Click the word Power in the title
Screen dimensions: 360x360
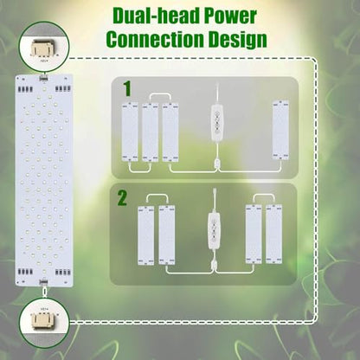(x=230, y=16)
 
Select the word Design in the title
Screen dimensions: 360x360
(x=238, y=40)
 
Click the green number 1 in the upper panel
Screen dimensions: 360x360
(x=127, y=89)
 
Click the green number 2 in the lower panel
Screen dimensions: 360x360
(x=122, y=198)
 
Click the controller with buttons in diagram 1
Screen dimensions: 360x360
(x=217, y=123)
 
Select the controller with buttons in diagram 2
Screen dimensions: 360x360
(x=214, y=231)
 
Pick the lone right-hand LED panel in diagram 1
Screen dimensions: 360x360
(x=281, y=130)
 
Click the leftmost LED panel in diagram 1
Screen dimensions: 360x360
(x=130, y=132)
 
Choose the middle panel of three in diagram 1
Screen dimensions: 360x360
(x=150, y=132)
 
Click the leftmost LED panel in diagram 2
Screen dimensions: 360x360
(x=146, y=235)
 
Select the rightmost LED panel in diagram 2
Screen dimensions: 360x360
(x=274, y=234)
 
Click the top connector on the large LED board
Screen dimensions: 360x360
(x=44, y=78)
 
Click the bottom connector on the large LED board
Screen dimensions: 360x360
(x=44, y=281)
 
